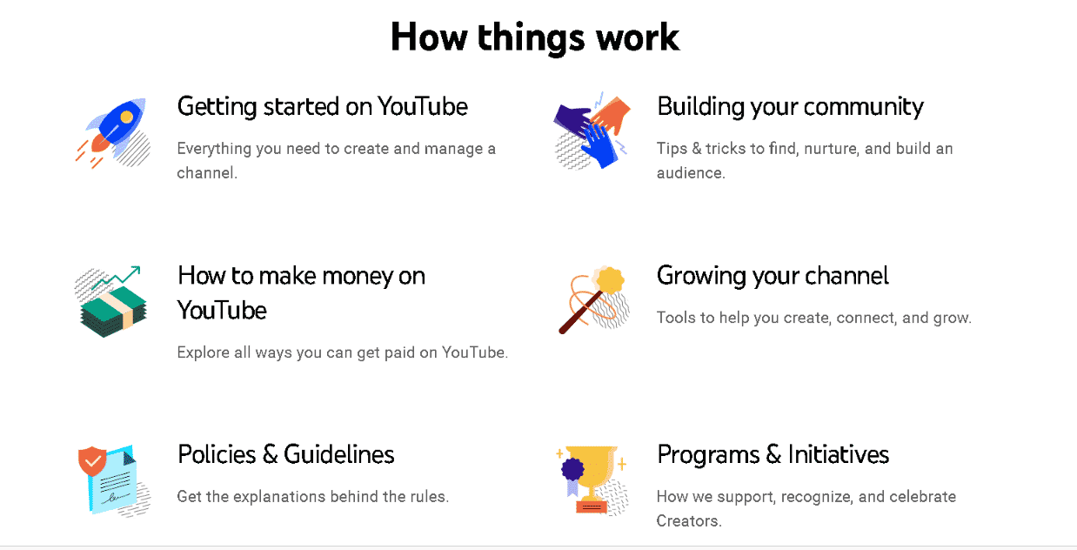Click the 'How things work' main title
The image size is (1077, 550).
click(x=535, y=37)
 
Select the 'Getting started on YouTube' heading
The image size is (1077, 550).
click(x=322, y=107)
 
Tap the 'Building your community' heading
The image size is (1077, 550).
click(x=790, y=107)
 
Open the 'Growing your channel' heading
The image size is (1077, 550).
click(x=773, y=276)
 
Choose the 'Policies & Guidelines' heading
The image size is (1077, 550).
click(x=285, y=454)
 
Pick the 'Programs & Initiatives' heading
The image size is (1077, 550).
click(x=773, y=454)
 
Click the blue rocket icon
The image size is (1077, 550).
click(x=116, y=127)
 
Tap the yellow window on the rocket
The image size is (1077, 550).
click(x=126, y=117)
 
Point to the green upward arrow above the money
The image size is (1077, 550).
click(x=116, y=278)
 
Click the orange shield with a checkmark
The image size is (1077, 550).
click(x=92, y=460)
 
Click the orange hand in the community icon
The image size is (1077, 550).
click(x=612, y=114)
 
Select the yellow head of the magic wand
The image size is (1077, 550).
click(x=610, y=280)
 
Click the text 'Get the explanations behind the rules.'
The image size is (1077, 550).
click(x=312, y=497)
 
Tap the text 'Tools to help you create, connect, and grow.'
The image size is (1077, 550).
click(x=814, y=318)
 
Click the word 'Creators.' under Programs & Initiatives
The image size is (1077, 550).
click(x=689, y=521)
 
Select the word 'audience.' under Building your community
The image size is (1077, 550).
click(x=691, y=173)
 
